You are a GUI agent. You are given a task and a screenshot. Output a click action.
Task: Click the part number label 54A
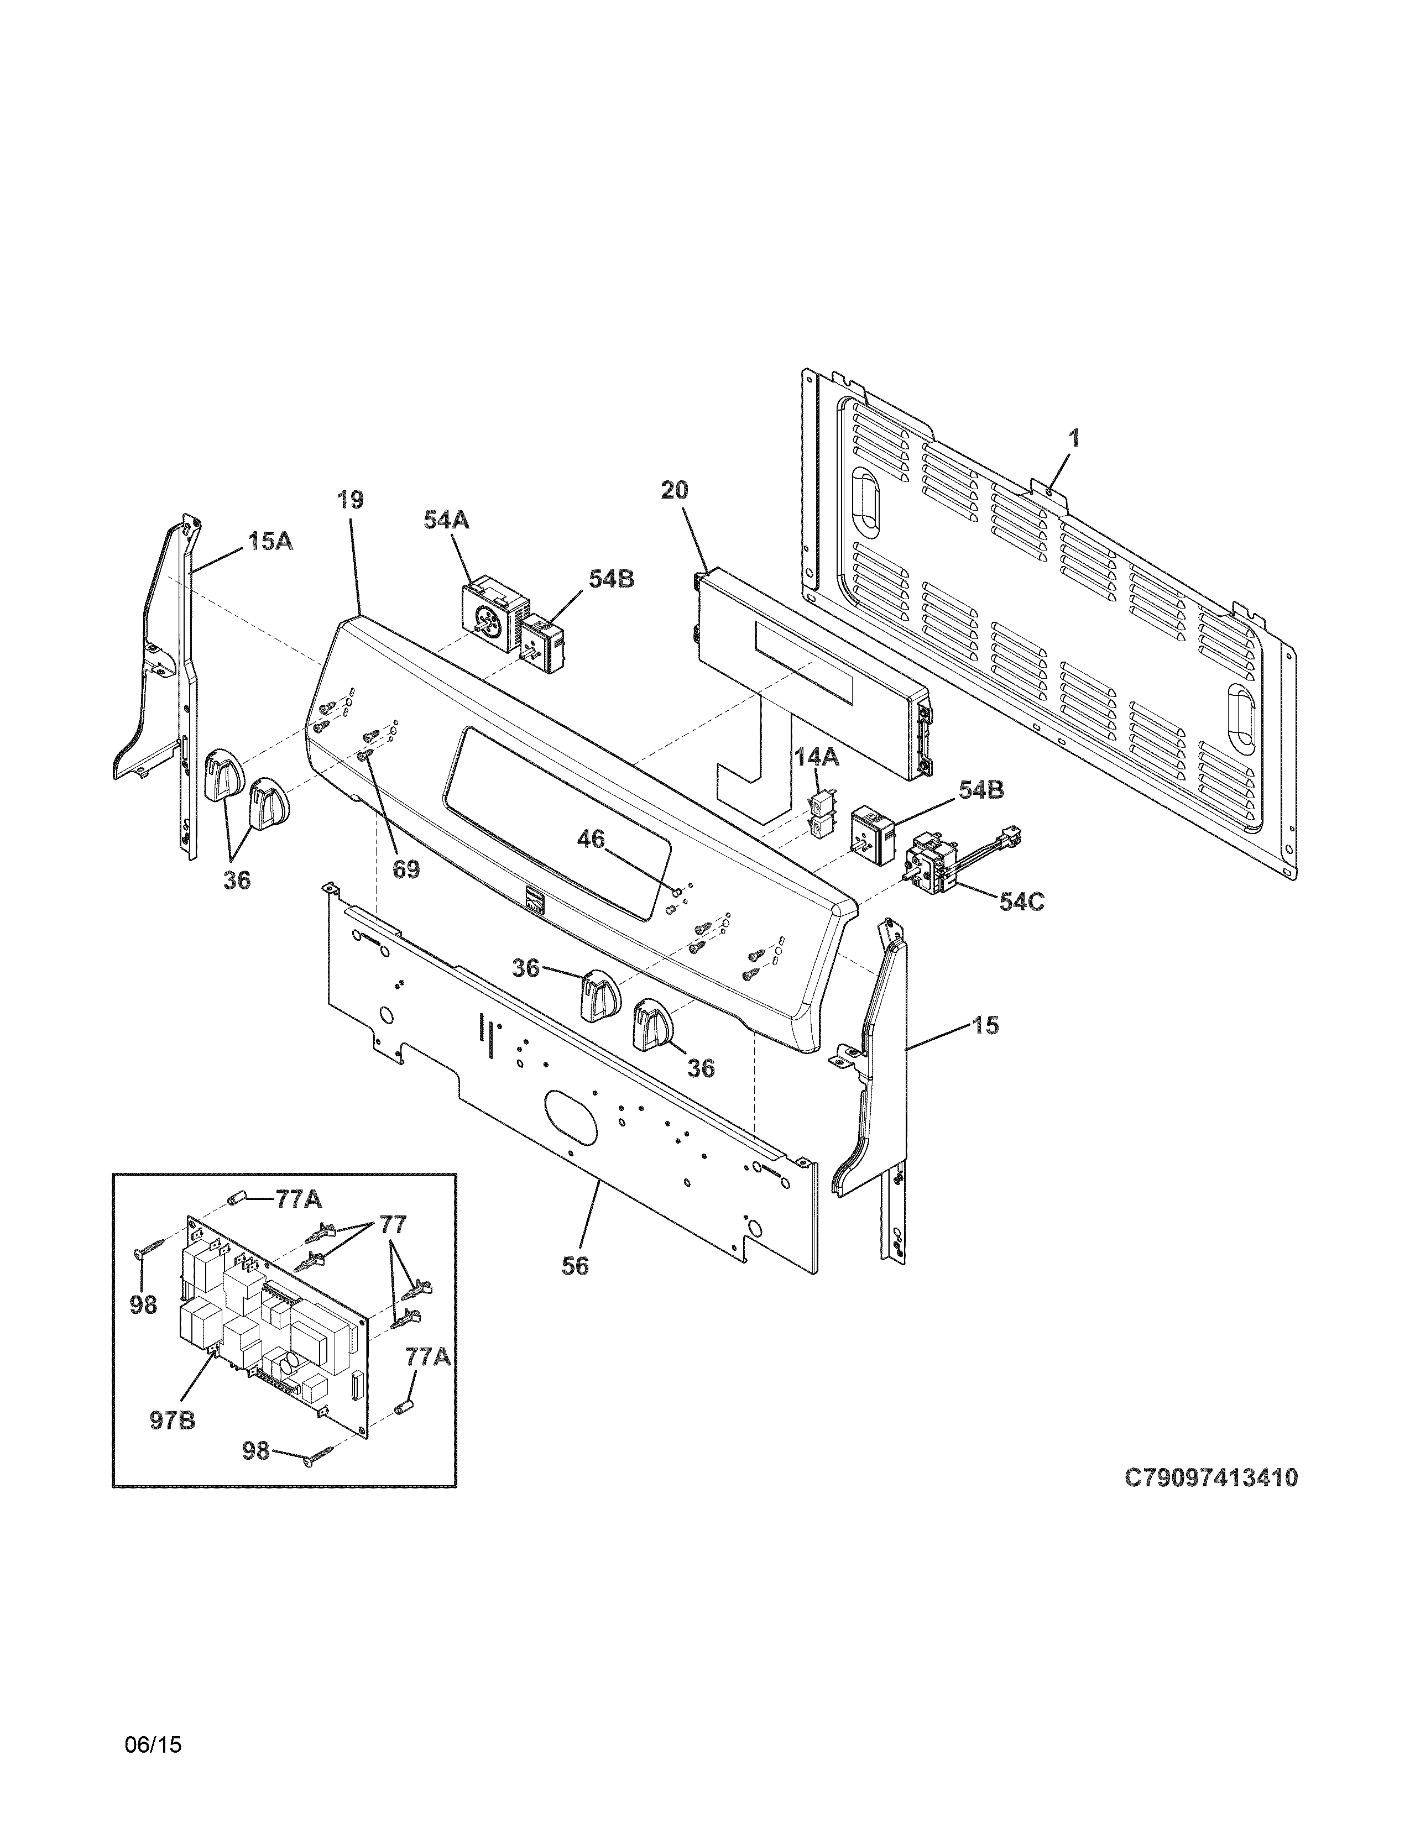pos(446,520)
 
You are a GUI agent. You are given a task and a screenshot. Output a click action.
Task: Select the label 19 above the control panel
pos(351,500)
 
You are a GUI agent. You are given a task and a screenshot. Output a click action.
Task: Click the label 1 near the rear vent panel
pos(1074,438)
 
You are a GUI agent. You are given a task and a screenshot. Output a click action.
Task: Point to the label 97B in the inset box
pos(173,1420)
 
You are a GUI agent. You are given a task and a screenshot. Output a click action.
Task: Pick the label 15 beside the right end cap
pos(986,1025)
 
